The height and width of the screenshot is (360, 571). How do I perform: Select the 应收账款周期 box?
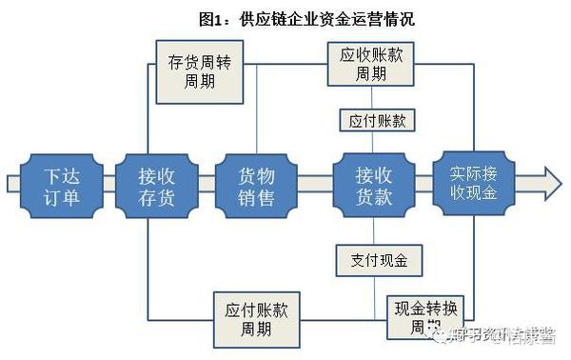pos(372,65)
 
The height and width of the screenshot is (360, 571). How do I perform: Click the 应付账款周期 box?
pos(256,320)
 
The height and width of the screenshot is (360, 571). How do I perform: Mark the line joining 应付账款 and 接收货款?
pos(372,142)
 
